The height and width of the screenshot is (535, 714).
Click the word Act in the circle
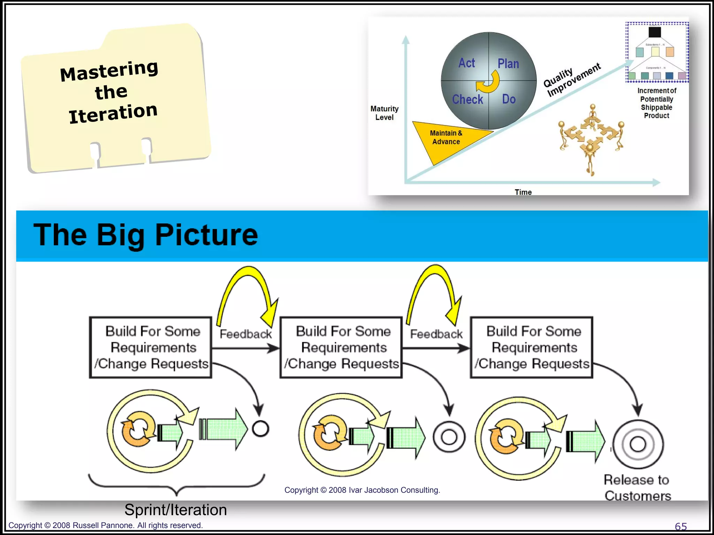coord(466,63)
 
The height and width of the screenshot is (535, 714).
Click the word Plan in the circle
coord(508,64)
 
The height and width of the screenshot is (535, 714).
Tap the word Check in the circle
coord(468,100)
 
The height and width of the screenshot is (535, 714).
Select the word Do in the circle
coord(509,99)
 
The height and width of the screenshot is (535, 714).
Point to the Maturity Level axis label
coord(384,113)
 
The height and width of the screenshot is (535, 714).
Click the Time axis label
coord(523,192)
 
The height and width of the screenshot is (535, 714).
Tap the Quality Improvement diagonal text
coord(572,80)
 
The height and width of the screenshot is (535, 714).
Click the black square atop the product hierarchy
coord(654,32)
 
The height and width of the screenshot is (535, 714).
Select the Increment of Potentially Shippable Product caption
coord(656,103)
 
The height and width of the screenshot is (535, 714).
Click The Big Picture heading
coord(146,235)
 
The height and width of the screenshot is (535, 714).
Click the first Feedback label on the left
coord(245,334)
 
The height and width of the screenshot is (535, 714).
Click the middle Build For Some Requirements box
coord(341,347)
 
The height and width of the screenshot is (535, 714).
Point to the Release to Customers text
coord(637,488)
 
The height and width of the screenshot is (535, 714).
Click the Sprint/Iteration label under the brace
coord(175,510)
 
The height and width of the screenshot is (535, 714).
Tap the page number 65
coord(681,526)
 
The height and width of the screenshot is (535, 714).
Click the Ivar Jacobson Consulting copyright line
coord(362,490)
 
